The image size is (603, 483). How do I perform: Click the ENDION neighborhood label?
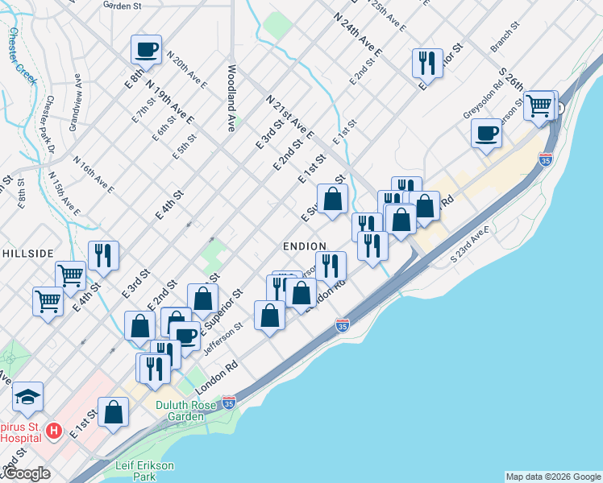(304, 246)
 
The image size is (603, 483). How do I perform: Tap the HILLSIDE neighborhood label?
(27, 252)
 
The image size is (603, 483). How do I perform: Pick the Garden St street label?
(123, 5)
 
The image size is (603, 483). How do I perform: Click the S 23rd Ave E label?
(471, 245)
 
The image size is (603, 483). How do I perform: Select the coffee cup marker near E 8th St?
(147, 49)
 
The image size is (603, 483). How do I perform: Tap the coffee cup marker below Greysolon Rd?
(486, 133)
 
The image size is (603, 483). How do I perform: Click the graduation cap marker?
(27, 396)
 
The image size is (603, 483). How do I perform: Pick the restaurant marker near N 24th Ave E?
(427, 62)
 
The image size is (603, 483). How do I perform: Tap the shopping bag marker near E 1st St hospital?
(114, 411)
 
